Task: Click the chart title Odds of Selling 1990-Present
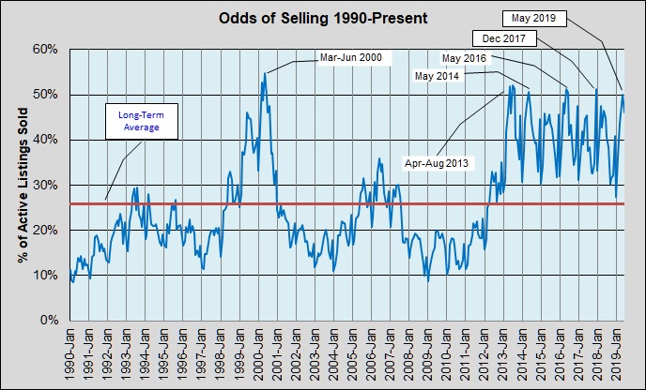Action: [324, 17]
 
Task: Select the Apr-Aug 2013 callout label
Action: [438, 162]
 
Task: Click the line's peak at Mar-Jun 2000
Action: [264, 73]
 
